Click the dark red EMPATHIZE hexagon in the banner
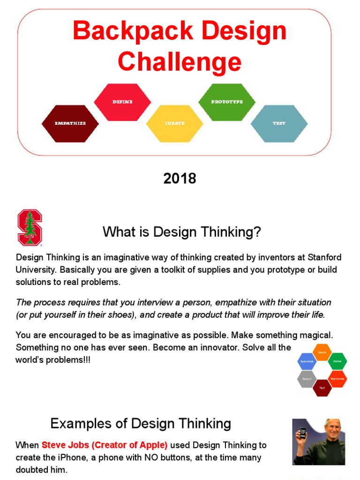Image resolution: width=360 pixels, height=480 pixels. click(x=70, y=123)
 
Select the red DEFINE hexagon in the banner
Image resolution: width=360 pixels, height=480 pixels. click(x=123, y=102)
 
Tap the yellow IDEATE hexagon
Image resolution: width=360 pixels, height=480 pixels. click(x=175, y=123)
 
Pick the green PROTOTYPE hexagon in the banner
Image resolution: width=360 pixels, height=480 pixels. click(x=227, y=102)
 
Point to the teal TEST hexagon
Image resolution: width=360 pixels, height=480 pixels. click(x=279, y=123)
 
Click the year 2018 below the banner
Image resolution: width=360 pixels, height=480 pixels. click(x=180, y=179)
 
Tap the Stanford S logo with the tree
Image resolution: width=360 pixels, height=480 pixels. click(x=30, y=228)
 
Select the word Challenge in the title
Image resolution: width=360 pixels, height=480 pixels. click(x=180, y=62)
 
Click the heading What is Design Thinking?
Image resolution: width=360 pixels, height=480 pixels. click(x=181, y=232)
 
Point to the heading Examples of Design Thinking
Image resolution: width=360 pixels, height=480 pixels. click(x=141, y=424)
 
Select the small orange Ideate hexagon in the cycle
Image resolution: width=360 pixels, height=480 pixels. click(x=322, y=352)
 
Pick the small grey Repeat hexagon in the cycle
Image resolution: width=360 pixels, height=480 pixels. click(x=307, y=378)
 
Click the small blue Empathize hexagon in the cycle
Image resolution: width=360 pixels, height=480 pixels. click(x=307, y=361)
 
